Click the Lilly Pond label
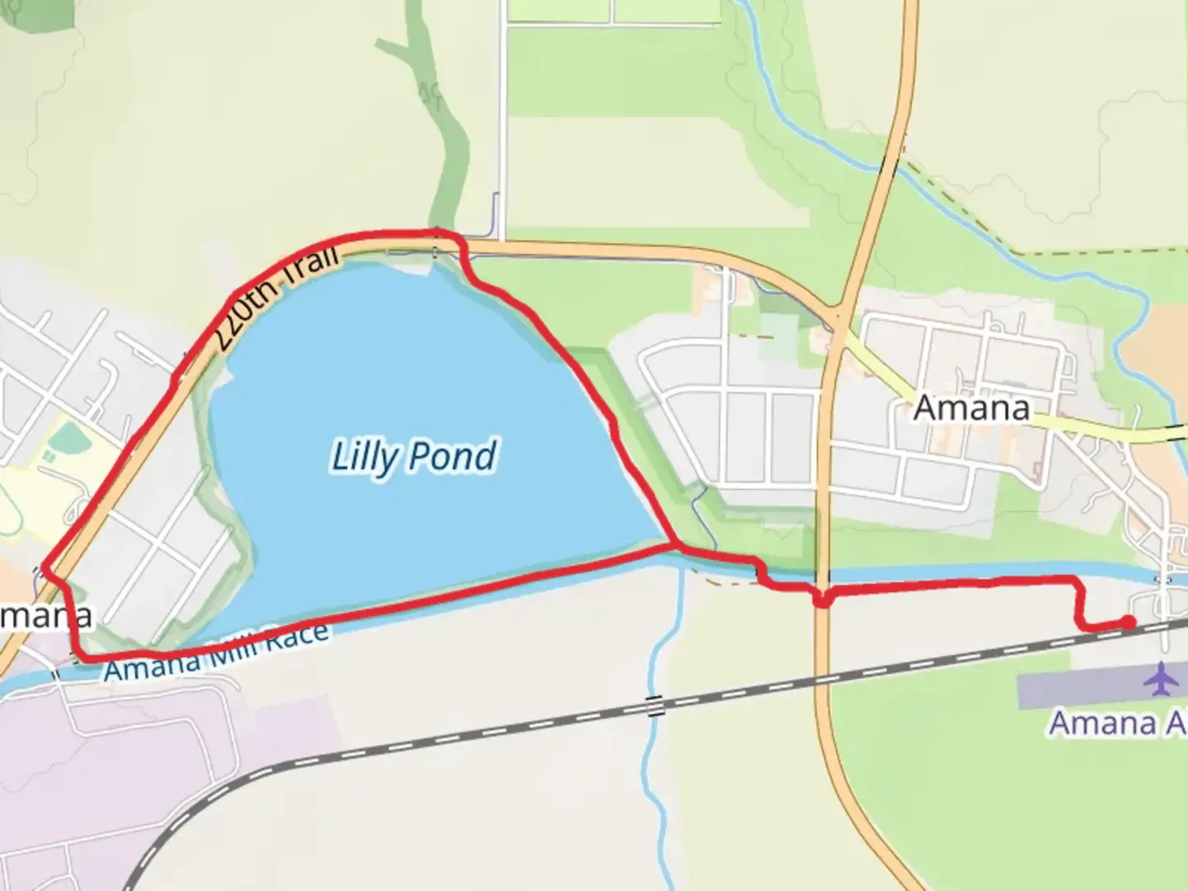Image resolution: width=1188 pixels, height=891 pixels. [413, 456]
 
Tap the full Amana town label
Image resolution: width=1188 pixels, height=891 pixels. [972, 408]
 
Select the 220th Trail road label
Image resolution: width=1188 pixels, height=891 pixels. [275, 301]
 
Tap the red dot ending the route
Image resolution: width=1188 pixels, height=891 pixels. [1128, 622]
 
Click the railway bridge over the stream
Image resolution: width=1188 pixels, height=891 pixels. [654, 706]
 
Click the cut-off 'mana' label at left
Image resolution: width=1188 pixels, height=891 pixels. [45, 615]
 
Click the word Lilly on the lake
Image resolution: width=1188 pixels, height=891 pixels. [364, 457]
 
